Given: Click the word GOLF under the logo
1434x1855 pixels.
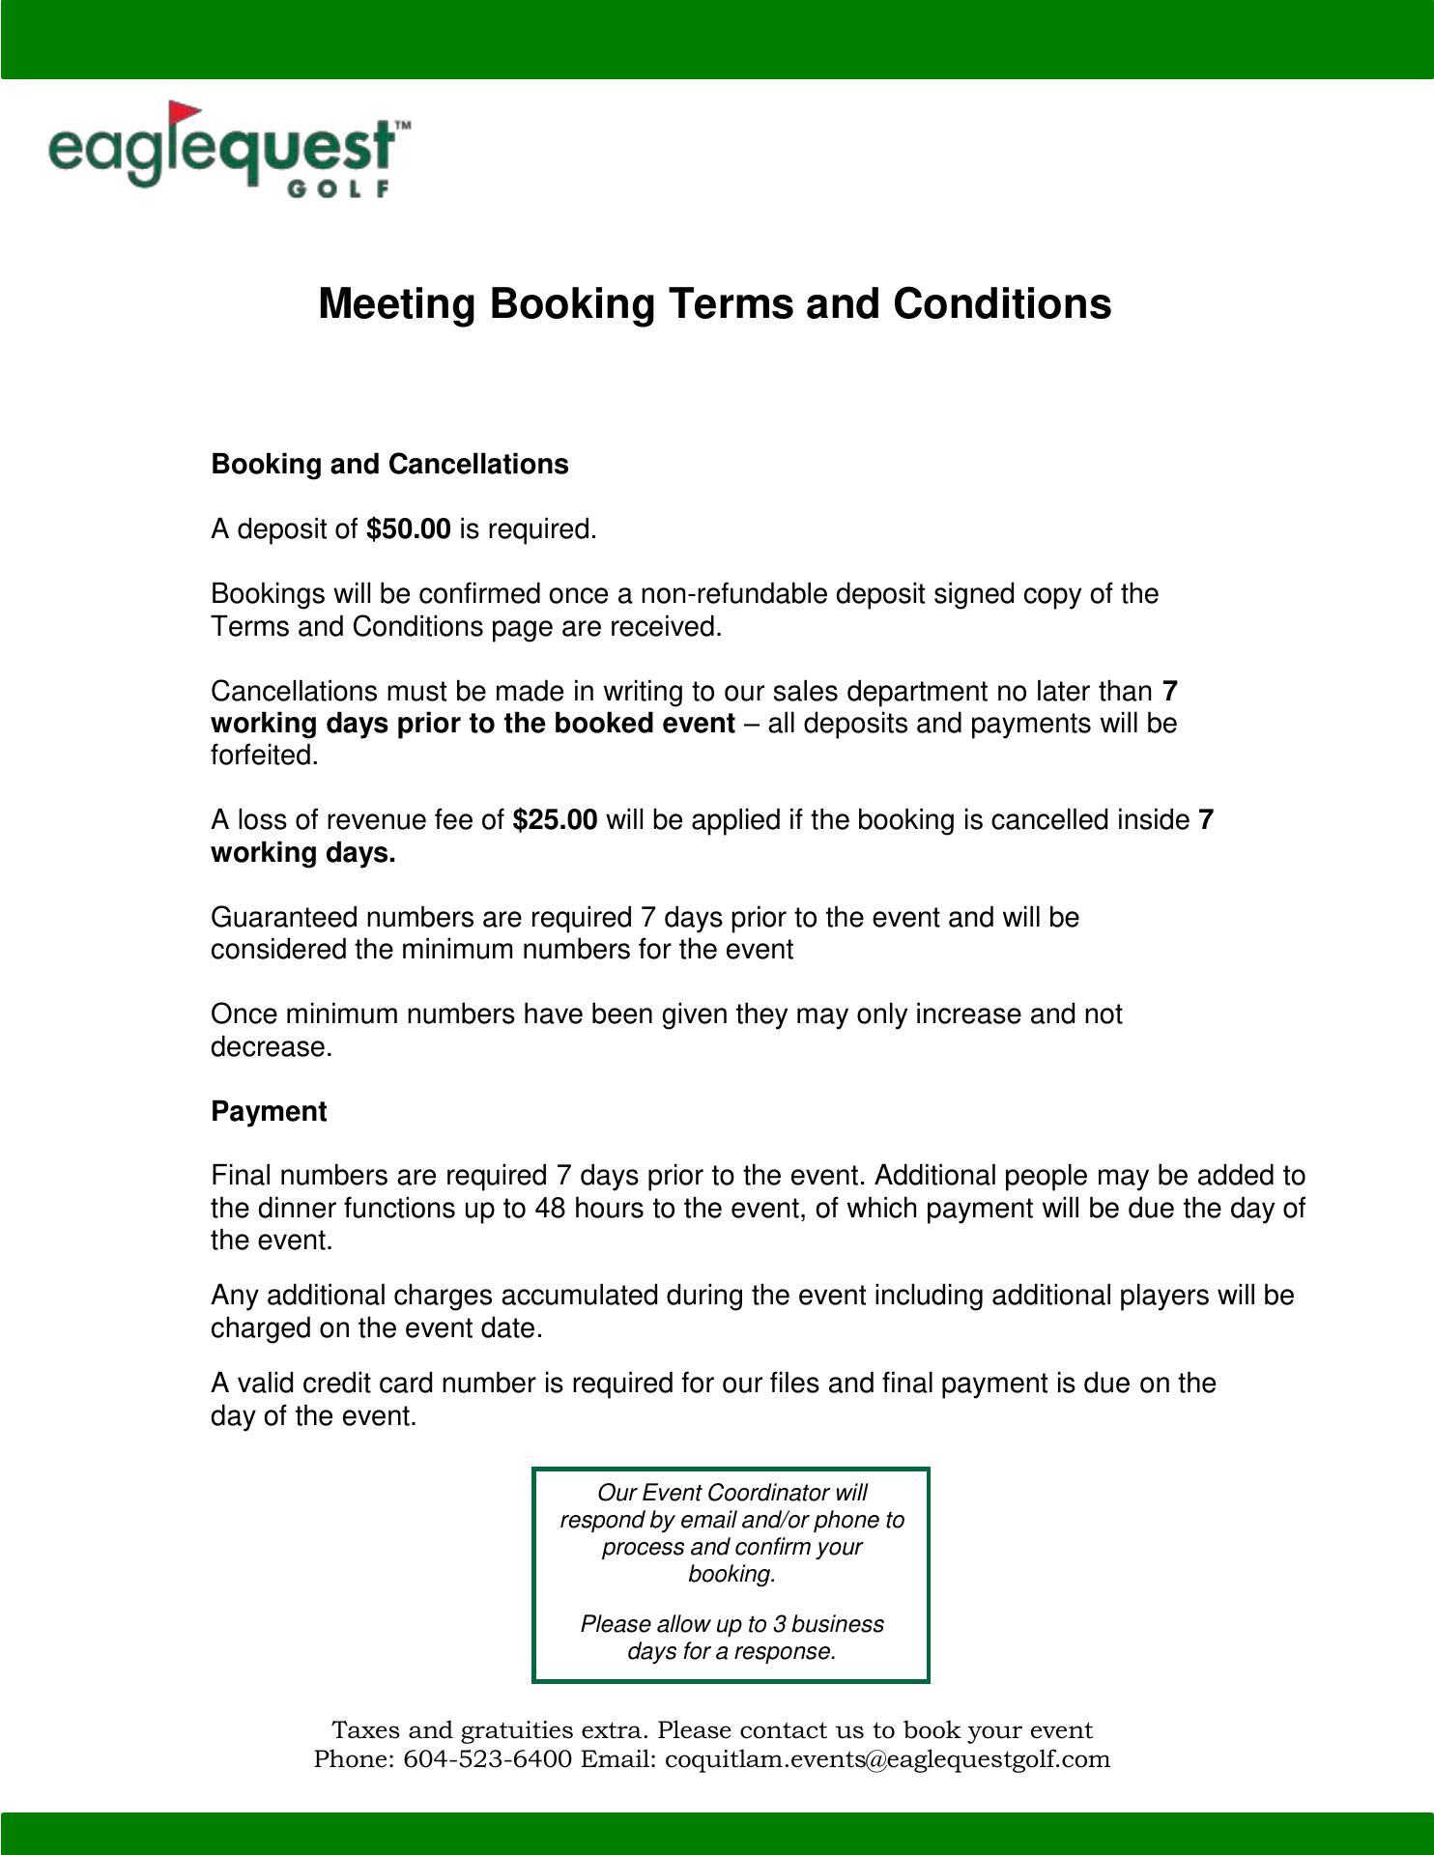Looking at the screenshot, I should point(338,188).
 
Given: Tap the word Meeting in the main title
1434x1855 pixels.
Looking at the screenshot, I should point(398,303).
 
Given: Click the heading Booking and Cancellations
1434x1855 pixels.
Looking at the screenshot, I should point(389,465).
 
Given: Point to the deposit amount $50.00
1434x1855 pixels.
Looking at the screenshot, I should point(409,529).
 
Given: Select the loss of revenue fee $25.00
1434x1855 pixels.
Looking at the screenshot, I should point(555,820).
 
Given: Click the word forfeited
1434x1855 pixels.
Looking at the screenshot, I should point(264,756).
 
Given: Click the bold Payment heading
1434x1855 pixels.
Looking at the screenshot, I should point(269,1112).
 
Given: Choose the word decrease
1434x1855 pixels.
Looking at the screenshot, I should point(270,1047).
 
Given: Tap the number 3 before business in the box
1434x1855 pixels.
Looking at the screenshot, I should point(779,1624).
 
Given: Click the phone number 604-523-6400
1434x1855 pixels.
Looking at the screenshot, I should point(487,1759).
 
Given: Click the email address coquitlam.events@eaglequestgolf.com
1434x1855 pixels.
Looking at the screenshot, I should point(888,1759).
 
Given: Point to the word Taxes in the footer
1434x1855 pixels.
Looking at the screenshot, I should point(365,1730).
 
